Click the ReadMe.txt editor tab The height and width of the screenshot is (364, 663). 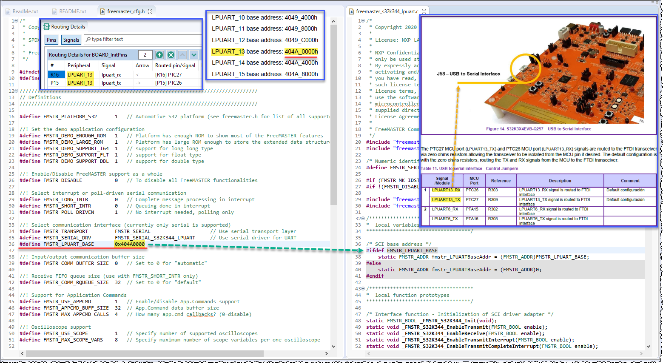[x=25, y=11]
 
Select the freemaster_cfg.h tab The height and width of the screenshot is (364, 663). [x=125, y=11]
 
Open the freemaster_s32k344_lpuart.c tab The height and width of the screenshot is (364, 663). [x=387, y=11]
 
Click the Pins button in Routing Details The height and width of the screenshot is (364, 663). [x=51, y=40]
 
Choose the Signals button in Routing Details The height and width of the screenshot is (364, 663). [x=71, y=40]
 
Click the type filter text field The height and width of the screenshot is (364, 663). [x=142, y=40]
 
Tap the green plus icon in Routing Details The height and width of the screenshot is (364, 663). [x=159, y=55]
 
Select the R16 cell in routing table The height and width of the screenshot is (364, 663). [x=55, y=75]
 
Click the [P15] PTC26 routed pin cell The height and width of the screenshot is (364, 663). [x=168, y=83]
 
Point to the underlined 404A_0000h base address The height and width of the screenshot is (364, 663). [x=301, y=52]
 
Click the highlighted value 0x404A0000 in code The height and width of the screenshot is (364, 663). [x=130, y=244]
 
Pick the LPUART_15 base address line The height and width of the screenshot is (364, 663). [x=265, y=74]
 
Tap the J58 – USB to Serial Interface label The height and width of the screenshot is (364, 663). [x=468, y=74]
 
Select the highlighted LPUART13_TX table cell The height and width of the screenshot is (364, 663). [x=446, y=199]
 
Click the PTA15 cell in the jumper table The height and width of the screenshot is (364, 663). [x=472, y=209]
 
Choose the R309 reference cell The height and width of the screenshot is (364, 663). [x=493, y=199]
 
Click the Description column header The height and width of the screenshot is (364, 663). [x=560, y=181]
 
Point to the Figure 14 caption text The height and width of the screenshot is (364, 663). [x=538, y=129]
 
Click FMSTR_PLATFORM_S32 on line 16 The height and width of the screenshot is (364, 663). [x=70, y=117]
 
